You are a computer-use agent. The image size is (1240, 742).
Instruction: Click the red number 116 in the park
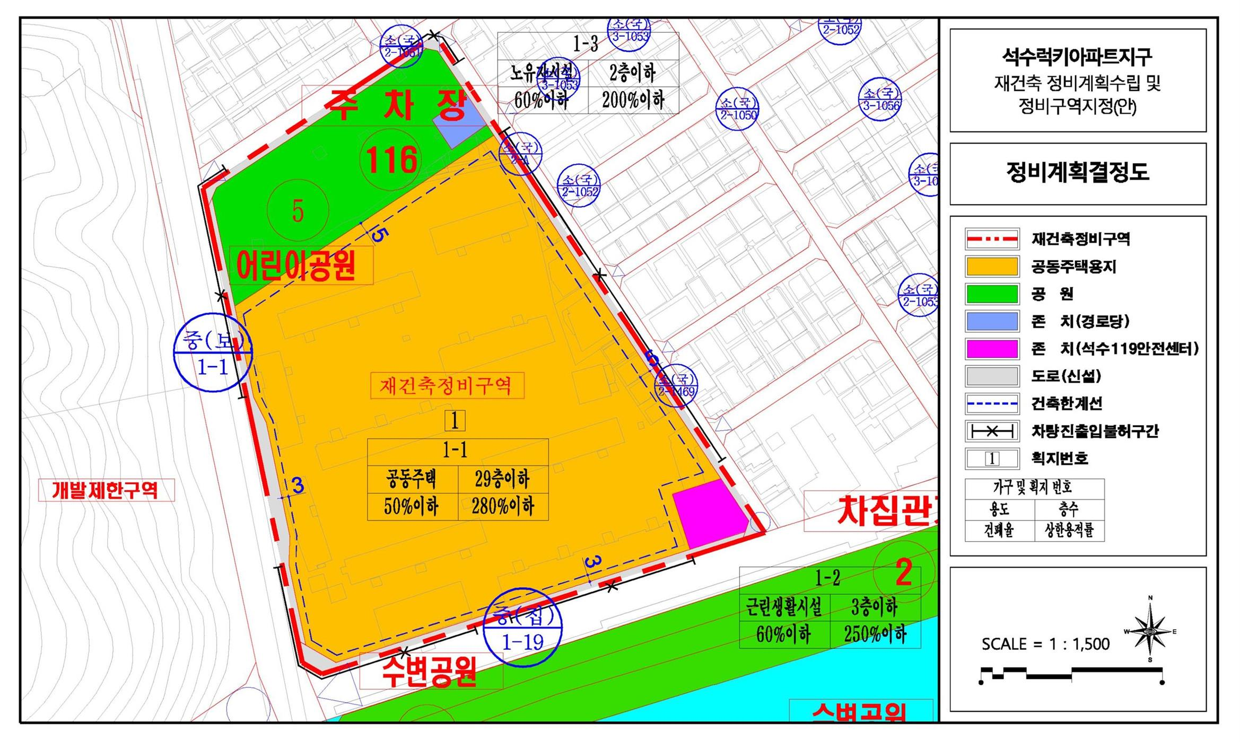pos(391,160)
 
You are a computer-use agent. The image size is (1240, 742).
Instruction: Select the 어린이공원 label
pos(296,266)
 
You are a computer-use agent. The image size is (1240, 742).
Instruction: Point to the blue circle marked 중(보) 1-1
pos(213,353)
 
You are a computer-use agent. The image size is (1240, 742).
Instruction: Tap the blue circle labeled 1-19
pos(523,628)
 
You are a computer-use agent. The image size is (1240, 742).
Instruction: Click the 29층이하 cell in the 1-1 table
pos(502,479)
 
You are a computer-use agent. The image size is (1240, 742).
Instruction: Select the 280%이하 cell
pos(502,507)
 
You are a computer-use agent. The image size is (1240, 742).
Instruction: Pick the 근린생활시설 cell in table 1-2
pos(784,607)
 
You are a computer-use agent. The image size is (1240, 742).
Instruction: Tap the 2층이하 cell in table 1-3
pos(633,73)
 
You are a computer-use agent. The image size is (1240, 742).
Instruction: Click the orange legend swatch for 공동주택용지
pos(991,267)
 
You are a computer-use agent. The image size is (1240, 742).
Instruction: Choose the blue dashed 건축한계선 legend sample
pos(991,404)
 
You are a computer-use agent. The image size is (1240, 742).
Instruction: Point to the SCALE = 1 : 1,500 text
pos(1045,644)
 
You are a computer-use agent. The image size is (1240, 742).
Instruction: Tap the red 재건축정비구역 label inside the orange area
pos(447,385)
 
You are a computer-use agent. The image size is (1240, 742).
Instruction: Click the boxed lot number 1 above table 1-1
pos(455,421)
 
